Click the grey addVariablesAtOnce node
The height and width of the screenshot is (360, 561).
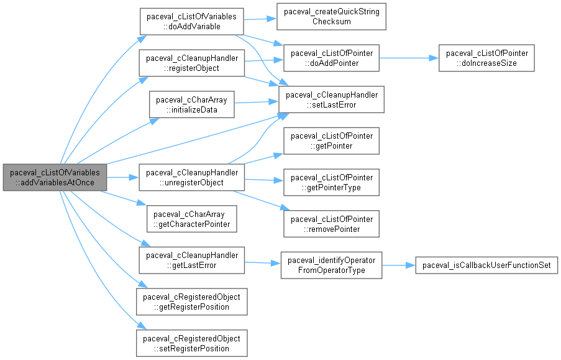[55, 177]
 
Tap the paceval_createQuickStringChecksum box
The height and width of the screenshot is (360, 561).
[331, 17]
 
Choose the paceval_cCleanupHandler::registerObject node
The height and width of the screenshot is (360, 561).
[191, 63]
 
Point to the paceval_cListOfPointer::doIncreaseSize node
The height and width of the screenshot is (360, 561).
[486, 58]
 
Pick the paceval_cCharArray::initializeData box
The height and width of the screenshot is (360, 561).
[191, 104]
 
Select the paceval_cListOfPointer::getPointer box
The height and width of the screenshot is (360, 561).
[331, 141]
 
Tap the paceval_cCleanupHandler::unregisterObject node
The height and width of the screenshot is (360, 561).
[191, 177]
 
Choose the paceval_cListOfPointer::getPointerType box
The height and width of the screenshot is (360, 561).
[331, 182]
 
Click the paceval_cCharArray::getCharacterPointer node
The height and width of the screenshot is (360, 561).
[191, 218]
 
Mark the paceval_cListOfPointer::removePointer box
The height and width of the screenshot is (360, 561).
[331, 224]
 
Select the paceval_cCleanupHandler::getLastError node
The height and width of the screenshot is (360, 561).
[191, 261]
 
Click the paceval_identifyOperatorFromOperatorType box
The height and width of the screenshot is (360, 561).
[331, 265]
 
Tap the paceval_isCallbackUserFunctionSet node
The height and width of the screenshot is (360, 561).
[486, 265]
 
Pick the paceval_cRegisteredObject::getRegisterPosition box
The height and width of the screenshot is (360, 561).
[191, 302]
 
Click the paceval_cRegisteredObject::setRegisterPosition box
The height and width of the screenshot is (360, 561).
[191, 343]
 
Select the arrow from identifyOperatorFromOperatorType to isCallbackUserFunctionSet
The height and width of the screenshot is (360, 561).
[398, 265]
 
